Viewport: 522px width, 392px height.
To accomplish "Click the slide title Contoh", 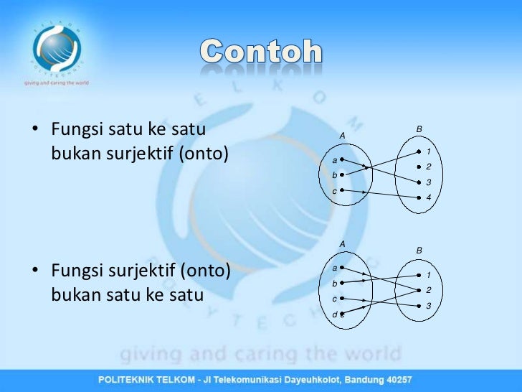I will click(x=261, y=52).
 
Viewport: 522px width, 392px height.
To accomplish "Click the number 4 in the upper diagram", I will click(x=428, y=197).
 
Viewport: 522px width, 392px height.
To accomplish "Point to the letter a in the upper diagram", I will click(x=334, y=159).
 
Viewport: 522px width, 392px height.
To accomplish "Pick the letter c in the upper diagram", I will click(x=334, y=191).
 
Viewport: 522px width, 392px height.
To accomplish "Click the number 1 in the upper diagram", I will click(x=428, y=152).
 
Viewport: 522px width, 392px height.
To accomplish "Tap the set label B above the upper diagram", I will click(x=419, y=129).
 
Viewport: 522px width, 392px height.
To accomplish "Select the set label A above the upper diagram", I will click(x=342, y=135).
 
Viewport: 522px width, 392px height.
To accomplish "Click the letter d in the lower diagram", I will click(x=334, y=314).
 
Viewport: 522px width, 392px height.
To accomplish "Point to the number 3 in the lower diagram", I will click(x=428, y=306).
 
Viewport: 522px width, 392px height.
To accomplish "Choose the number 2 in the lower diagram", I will click(x=428, y=290).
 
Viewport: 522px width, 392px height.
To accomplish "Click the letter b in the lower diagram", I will click(x=334, y=283).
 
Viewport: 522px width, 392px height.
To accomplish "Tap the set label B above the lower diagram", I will click(x=419, y=250).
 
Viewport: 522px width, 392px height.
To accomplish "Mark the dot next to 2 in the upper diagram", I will click(x=418, y=167).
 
